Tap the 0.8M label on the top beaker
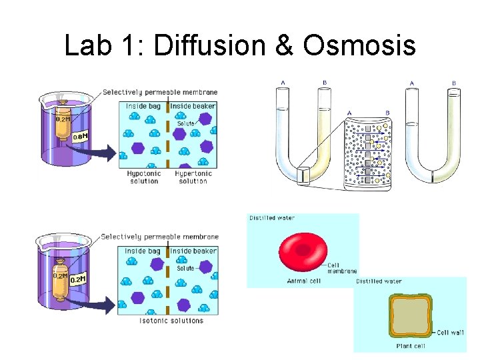click(x=80, y=137)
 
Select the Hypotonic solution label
click(x=143, y=177)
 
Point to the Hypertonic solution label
click(x=193, y=177)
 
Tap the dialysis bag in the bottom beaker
click(x=59, y=274)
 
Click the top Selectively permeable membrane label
click(x=160, y=92)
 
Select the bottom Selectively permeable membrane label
click(x=160, y=237)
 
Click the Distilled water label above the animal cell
click(x=272, y=218)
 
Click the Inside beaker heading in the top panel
click(x=193, y=106)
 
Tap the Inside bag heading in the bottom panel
click(x=143, y=251)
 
